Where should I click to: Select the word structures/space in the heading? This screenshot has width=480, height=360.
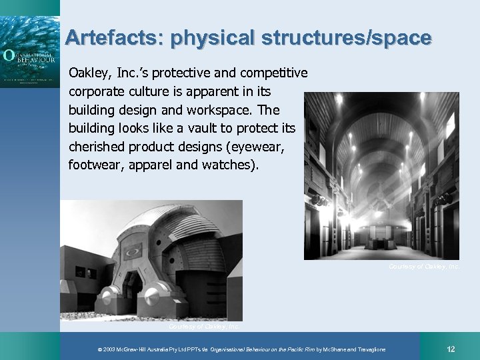pyautogui.click(x=346, y=38)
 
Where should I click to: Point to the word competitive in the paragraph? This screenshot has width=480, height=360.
pyautogui.click(x=275, y=72)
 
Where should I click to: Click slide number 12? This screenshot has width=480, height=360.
pyautogui.click(x=451, y=349)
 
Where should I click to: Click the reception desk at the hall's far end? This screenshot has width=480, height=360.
pyautogui.click(x=381, y=234)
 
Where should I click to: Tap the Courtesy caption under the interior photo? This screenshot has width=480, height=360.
pyautogui.click(x=424, y=267)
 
